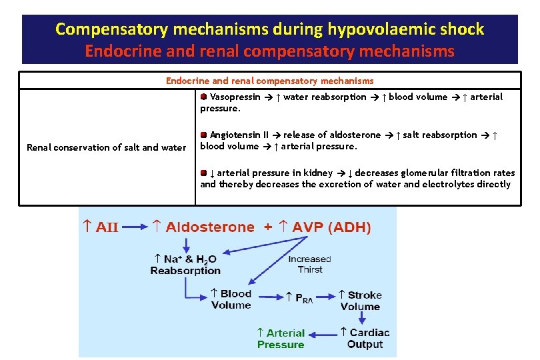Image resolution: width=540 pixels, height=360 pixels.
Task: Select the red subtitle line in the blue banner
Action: click(269, 51)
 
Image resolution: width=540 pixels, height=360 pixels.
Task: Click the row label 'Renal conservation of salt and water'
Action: click(106, 147)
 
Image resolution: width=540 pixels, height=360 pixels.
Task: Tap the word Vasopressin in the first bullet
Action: click(235, 97)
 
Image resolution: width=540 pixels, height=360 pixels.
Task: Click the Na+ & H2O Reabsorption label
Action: click(185, 265)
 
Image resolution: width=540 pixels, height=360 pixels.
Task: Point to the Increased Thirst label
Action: click(309, 264)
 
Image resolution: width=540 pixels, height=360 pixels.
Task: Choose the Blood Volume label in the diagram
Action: click(231, 299)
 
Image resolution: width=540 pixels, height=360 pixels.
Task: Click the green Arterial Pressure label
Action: click(281, 339)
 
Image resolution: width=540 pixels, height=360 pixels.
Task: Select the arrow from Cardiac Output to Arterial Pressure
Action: click(323, 335)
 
